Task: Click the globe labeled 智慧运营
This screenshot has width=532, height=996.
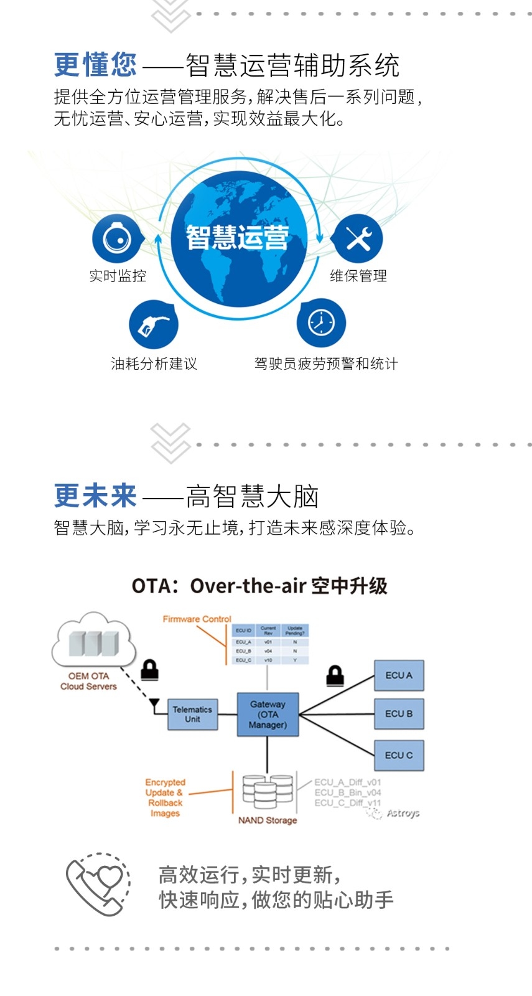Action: tap(238, 239)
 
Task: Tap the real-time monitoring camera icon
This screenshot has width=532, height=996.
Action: tap(117, 238)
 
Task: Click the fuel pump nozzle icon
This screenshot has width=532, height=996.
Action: tap(153, 324)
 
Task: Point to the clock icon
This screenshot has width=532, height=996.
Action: tap(321, 323)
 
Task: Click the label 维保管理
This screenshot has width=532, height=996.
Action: tap(358, 276)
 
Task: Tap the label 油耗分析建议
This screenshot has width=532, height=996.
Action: tap(154, 364)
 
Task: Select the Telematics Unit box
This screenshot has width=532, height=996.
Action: tap(193, 715)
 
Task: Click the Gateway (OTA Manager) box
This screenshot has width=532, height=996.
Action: tap(268, 715)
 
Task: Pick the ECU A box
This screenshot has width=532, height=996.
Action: tap(399, 675)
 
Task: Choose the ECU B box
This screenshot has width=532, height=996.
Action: tap(399, 714)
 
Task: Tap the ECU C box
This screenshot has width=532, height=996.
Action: tap(399, 755)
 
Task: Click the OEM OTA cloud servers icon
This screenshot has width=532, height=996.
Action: tap(93, 641)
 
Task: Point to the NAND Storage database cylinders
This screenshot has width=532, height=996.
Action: tap(268, 791)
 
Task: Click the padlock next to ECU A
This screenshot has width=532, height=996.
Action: tap(335, 675)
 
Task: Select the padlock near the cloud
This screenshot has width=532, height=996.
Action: tap(149, 670)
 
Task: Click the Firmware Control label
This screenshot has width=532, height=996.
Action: tap(197, 619)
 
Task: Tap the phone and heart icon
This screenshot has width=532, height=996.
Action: tap(98, 884)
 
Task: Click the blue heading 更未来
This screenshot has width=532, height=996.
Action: tap(95, 496)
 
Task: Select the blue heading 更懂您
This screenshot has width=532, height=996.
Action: tap(95, 65)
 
